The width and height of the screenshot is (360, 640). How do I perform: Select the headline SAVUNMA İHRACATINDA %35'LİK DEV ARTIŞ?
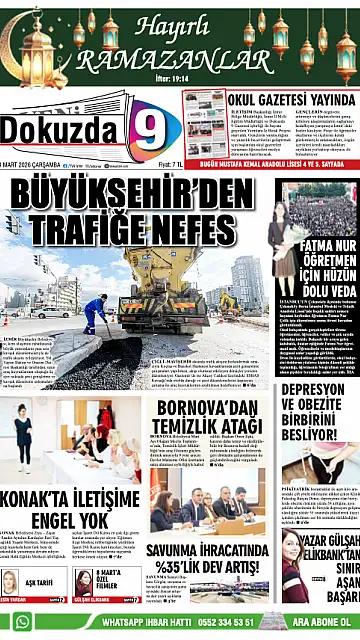[209, 555]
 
